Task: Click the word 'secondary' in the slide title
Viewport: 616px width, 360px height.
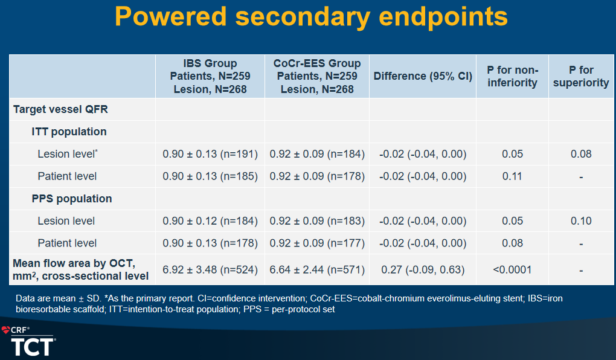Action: [303, 18]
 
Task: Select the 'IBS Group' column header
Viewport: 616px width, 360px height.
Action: [210, 63]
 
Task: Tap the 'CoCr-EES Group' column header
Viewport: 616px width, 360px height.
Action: [317, 63]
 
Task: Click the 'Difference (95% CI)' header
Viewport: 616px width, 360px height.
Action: [423, 76]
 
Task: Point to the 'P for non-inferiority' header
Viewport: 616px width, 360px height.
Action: [512, 76]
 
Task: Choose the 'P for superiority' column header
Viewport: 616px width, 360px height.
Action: [581, 76]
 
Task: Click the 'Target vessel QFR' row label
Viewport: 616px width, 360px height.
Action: [60, 109]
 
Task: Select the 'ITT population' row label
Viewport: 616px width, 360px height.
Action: [69, 132]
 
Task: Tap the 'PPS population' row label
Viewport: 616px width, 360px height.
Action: [72, 199]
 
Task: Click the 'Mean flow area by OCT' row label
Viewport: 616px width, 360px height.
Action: [74, 263]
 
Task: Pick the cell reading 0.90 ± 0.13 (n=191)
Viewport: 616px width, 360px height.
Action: [210, 154]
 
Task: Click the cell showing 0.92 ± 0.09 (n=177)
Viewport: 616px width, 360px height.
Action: [317, 243]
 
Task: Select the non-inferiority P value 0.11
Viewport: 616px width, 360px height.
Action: [512, 176]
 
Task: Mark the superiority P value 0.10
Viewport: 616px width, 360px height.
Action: [581, 221]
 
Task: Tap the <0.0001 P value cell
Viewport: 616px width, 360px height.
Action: [512, 269]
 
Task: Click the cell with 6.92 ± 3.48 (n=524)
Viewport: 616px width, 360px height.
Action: [210, 269]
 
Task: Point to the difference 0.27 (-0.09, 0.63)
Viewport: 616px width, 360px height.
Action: [423, 269]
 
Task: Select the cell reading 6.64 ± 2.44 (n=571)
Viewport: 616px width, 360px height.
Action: [317, 269]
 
